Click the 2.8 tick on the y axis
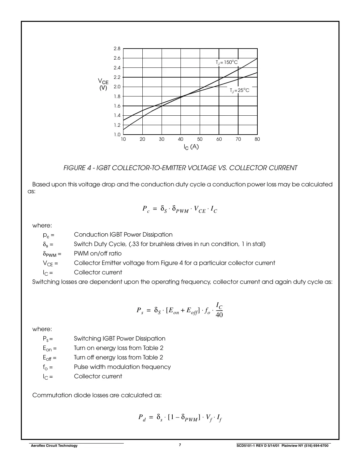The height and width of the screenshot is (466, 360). click(117, 49)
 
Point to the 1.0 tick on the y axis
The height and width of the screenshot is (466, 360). click(117, 135)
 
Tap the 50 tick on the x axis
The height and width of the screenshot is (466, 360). click(200, 139)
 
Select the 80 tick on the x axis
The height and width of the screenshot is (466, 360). click(257, 139)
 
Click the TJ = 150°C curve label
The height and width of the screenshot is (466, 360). click(227, 62)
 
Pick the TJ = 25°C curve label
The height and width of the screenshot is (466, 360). click(239, 90)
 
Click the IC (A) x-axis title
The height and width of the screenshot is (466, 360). click(191, 147)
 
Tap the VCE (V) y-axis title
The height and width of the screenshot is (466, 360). click(103, 84)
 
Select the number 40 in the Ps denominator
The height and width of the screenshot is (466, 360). click(219, 315)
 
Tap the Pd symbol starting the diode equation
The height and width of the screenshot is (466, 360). click(142, 417)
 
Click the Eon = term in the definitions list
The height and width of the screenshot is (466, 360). click(50, 348)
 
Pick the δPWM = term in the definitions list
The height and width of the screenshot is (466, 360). click(52, 254)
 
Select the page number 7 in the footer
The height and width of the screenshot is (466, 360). click(180, 445)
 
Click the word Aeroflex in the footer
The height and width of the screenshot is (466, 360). click(37, 445)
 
